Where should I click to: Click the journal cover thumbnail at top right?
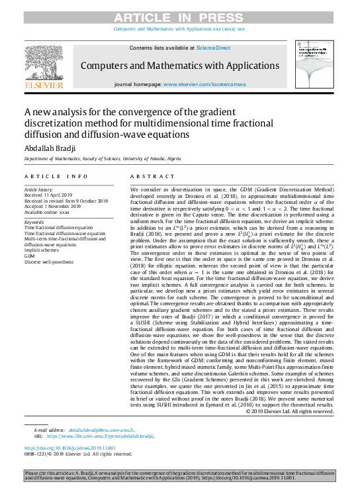click(x=314, y=67)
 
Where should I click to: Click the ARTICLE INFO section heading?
click(x=56, y=177)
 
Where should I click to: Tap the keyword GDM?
click(x=30, y=256)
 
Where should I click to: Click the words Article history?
click(x=41, y=189)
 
